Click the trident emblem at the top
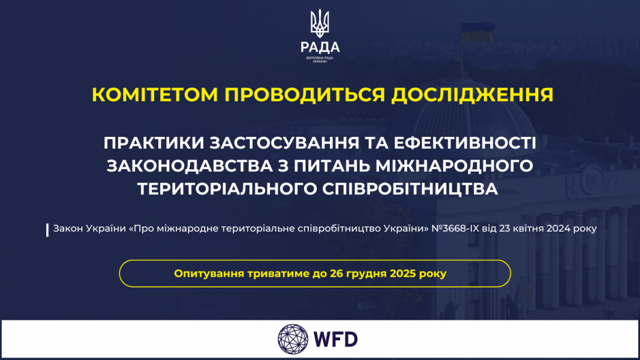pos(320,22)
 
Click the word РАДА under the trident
pos(320,47)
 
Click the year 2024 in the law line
pos(562,229)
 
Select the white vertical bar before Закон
pos(47,230)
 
